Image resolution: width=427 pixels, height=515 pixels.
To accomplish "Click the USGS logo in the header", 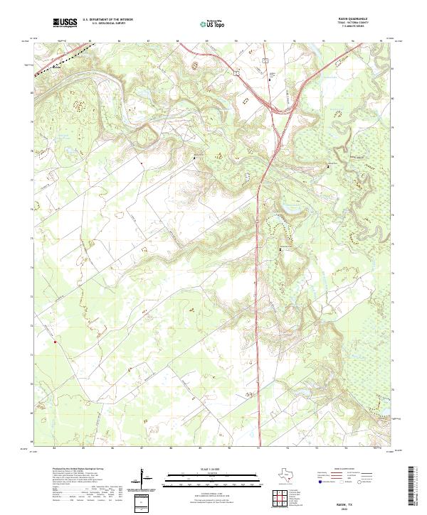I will [65, 23].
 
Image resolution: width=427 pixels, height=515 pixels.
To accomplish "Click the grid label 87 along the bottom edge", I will [142, 448].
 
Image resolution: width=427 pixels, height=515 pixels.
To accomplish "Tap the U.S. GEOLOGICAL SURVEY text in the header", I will [107, 25].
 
